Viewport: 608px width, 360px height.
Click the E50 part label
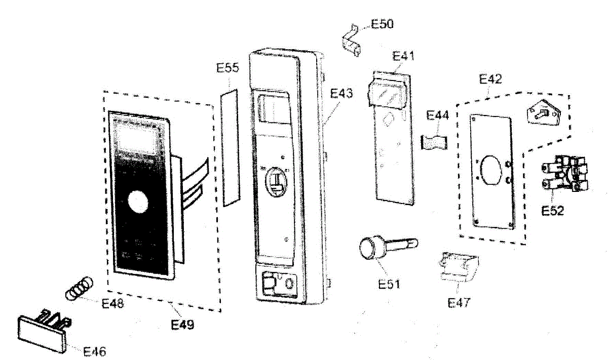[x=383, y=24]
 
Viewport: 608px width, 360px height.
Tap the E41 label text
[x=404, y=57]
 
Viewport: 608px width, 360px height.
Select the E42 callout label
[x=490, y=79]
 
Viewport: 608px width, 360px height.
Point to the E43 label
[x=341, y=93]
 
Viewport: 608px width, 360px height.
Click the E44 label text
[x=437, y=115]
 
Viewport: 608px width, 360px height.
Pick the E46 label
[x=95, y=351]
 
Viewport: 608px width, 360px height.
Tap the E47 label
[x=459, y=303]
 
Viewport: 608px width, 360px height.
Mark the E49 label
[x=182, y=324]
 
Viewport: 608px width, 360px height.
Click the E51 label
[x=389, y=284]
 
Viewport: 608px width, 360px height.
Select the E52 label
[x=552, y=211]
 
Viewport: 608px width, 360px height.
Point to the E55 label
[x=228, y=69]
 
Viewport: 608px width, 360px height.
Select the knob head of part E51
[x=370, y=249]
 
